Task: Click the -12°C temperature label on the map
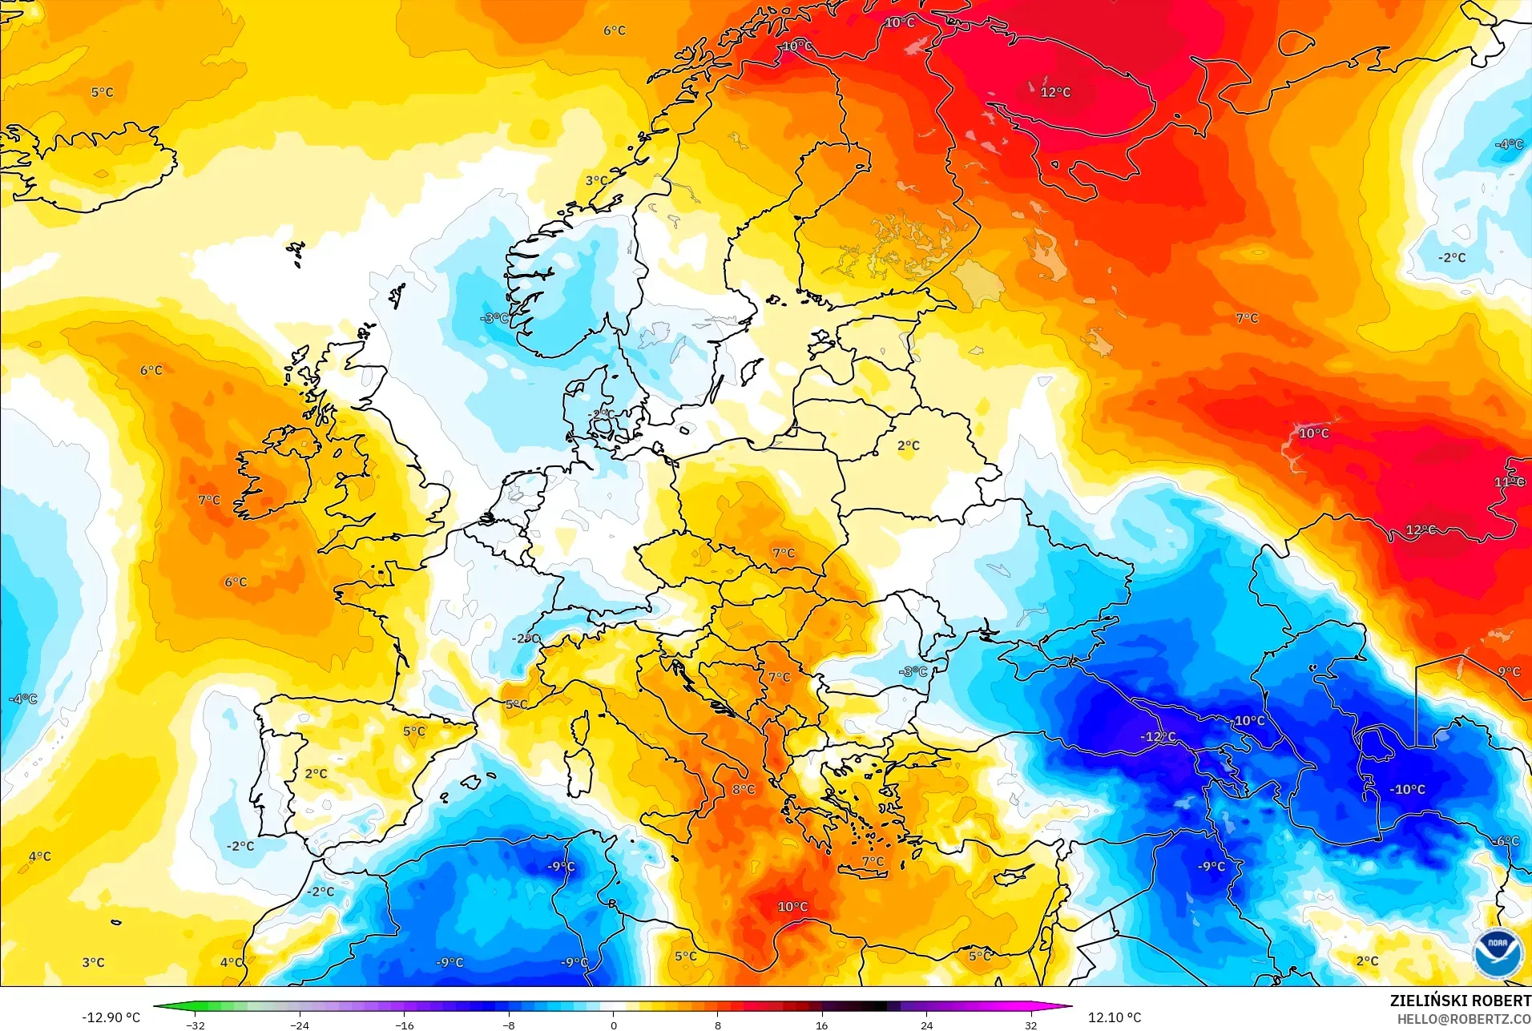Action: point(1158,736)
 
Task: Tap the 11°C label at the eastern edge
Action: point(1509,481)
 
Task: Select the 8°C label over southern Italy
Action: point(743,789)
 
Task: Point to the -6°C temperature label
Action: point(1506,840)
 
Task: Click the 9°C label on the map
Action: point(1509,671)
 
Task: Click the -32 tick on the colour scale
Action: point(196,1025)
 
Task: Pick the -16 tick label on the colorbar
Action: point(405,1025)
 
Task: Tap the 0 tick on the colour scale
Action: point(614,1025)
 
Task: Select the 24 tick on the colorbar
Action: point(926,1025)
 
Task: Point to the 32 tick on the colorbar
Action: point(1030,1025)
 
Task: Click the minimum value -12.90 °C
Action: point(111,1017)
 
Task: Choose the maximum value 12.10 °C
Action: point(1114,1017)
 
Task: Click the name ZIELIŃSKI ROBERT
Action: point(1460,1001)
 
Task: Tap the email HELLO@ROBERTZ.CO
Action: point(1464,1019)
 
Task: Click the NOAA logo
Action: point(1497,952)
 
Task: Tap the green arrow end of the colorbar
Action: point(160,1007)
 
